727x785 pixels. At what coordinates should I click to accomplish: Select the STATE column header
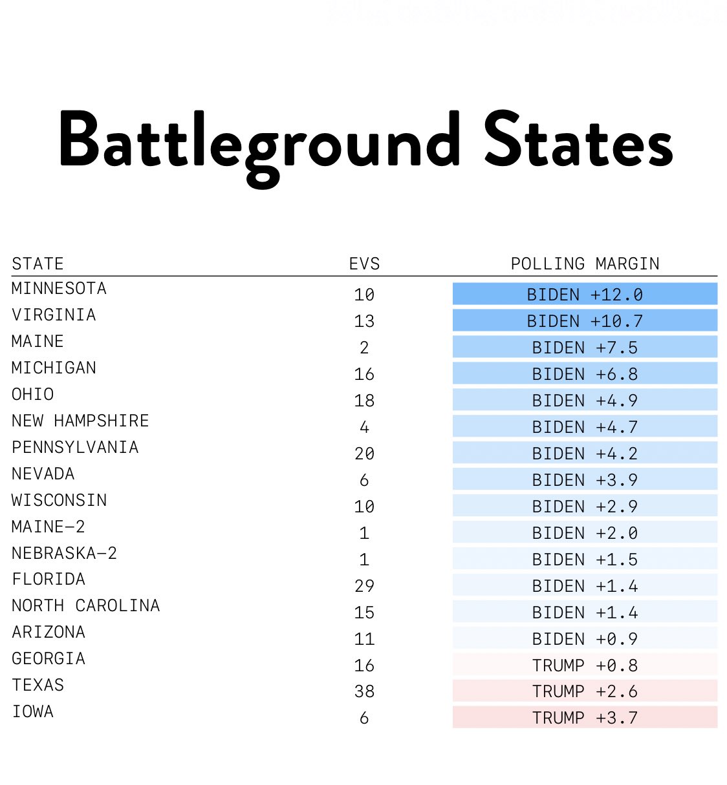click(38, 264)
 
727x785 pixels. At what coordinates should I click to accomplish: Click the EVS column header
click(364, 264)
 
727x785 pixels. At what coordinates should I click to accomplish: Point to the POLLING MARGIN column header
click(585, 264)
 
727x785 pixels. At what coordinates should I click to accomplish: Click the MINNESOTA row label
click(59, 288)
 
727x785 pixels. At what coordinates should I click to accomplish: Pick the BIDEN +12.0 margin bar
click(585, 294)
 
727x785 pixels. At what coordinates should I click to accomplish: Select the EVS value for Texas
click(364, 691)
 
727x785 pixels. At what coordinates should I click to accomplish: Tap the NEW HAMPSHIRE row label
click(80, 421)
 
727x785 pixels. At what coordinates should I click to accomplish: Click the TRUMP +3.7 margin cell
click(585, 717)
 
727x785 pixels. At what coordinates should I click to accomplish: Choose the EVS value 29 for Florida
click(364, 586)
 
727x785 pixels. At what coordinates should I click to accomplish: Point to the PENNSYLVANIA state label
click(75, 447)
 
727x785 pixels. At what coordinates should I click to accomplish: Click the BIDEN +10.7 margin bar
click(585, 320)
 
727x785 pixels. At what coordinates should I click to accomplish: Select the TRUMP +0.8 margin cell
click(585, 665)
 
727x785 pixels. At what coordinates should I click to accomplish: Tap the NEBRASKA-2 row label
click(64, 553)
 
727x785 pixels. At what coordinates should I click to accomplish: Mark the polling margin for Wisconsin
click(585, 505)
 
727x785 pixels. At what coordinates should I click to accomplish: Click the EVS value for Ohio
click(364, 401)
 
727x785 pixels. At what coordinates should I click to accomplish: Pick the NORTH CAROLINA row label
click(86, 605)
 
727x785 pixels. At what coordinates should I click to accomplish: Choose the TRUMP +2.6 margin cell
click(585, 691)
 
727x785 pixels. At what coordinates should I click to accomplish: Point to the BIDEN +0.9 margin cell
click(585, 638)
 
